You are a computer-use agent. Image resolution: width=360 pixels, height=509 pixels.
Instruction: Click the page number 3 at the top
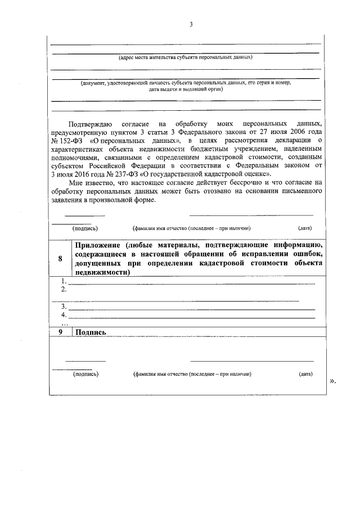(191, 25)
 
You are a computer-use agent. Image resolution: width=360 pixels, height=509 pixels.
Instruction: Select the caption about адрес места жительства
(185, 57)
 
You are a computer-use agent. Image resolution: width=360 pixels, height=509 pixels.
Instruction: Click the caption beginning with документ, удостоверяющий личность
(185, 83)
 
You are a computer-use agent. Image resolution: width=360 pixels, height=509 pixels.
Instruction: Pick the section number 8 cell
(60, 258)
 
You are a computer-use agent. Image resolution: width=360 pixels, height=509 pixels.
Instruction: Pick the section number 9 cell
(60, 332)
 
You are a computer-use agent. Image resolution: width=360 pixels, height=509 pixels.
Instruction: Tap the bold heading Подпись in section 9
(91, 332)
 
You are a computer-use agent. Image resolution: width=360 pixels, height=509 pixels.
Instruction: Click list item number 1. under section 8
(64, 281)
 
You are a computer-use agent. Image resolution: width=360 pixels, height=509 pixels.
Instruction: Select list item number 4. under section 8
(64, 315)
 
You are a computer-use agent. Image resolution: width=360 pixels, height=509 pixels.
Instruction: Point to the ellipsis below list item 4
(64, 323)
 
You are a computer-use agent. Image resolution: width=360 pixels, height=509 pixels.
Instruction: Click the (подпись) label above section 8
(85, 228)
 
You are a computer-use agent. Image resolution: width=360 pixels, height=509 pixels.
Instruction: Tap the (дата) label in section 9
(306, 373)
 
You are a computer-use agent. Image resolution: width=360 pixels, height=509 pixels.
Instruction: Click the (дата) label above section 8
(305, 228)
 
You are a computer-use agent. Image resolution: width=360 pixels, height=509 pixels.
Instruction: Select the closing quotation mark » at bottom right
(332, 381)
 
